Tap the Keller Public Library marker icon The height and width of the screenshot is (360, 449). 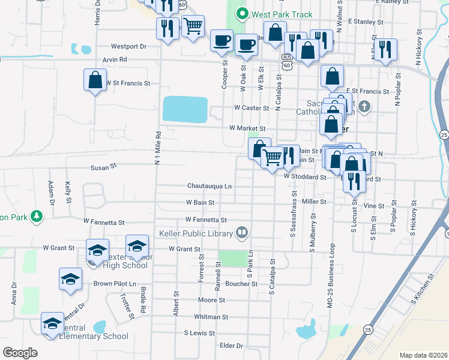tap(243, 232)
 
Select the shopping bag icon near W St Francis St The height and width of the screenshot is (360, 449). tap(95, 80)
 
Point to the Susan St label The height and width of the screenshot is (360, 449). tap(103, 169)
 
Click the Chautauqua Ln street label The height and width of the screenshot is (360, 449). tap(209, 186)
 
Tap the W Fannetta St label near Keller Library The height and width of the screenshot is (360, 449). tap(206, 220)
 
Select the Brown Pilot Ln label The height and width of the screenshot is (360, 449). tap(115, 283)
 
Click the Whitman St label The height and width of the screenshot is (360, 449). tap(211, 317)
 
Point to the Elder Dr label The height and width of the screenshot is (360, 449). tap(231, 346)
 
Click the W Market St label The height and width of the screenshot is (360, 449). tap(247, 128)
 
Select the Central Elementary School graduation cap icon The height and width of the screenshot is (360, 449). tap(53, 323)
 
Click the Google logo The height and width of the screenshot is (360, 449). tap(20, 352)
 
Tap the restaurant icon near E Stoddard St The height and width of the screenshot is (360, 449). tap(354, 179)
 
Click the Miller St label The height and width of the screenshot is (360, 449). tap(314, 202)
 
